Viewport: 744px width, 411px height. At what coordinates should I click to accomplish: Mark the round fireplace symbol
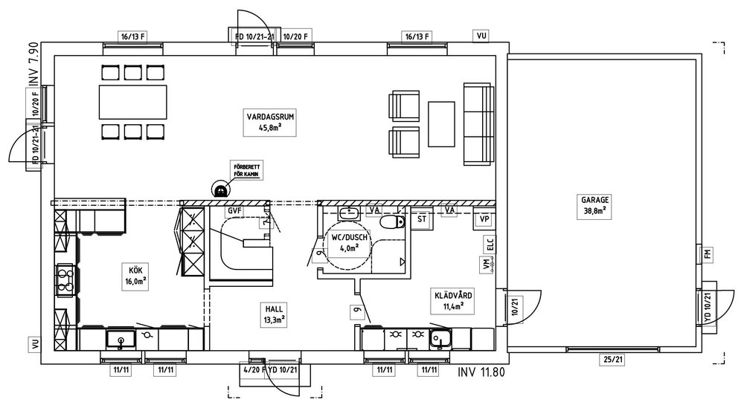(x=220, y=190)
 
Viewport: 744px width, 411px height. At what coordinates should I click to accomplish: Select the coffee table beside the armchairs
(x=441, y=125)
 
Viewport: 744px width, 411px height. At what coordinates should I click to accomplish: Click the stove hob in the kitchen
(x=65, y=279)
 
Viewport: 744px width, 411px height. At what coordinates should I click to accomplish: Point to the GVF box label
(x=236, y=211)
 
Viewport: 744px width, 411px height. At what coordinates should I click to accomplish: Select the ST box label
(x=422, y=219)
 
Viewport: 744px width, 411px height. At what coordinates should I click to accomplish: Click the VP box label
(x=484, y=219)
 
